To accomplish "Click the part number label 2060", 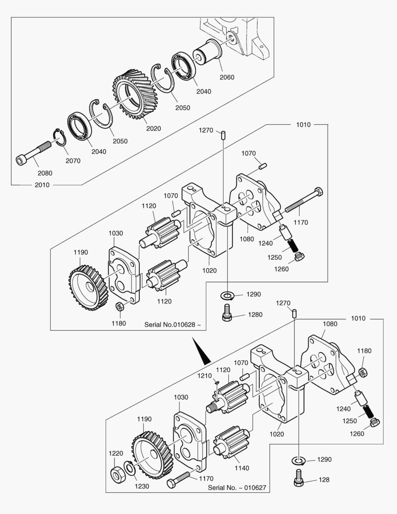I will coord(227,77).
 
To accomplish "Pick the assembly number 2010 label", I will coord(42,185).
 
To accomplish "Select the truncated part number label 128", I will coord(324,480).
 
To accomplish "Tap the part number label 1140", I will coord(242,468).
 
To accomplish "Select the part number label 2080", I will coord(45,173).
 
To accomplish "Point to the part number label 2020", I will coord(153,128).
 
